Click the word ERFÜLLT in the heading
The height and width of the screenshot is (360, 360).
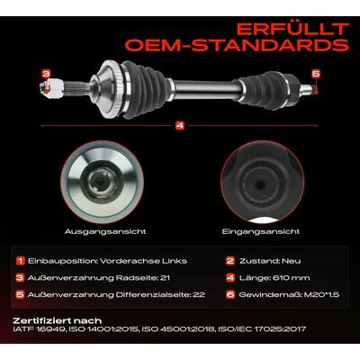pos(292,30)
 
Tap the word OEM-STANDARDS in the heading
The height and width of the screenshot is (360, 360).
pos(237,45)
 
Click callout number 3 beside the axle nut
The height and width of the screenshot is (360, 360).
pos(46,74)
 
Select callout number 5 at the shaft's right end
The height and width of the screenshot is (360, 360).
pos(316,74)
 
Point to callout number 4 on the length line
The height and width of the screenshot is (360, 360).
pos(180,126)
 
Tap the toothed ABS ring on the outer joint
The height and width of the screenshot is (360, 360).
pos(115,89)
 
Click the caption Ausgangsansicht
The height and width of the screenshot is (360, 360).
pos(105,231)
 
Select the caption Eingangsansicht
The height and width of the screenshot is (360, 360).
pos(261,231)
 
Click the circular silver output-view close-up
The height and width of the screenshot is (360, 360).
pos(102,182)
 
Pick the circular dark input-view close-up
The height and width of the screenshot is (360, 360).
pos(263,182)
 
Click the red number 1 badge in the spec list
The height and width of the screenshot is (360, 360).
pos(21,261)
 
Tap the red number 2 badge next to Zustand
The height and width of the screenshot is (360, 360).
pos(230,261)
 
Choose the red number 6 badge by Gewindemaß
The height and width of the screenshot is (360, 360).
pos(230,294)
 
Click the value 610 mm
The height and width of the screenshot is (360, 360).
pos(291,278)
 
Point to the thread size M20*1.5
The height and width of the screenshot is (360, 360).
pos(321,294)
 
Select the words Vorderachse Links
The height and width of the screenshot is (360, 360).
pos(143,261)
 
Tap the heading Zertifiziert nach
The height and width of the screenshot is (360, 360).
pos(58,321)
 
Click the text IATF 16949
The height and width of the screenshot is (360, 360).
pos(39,329)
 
